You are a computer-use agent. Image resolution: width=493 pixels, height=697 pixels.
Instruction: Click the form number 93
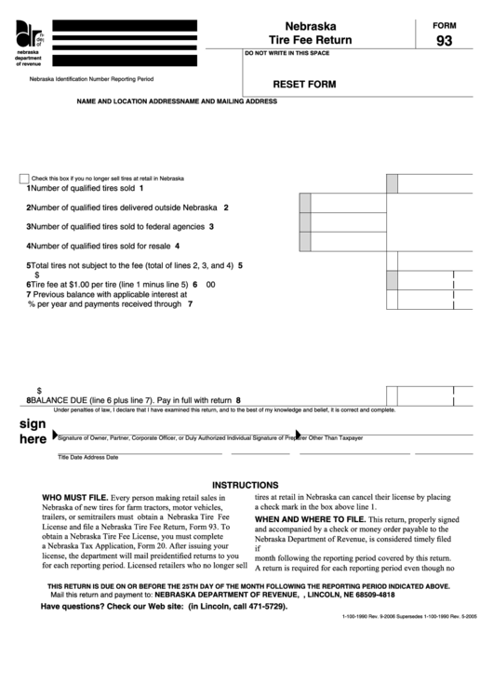446,41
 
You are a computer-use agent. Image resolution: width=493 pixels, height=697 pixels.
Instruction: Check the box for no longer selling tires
23,178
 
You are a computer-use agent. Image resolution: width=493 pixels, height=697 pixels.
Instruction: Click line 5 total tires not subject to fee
134,265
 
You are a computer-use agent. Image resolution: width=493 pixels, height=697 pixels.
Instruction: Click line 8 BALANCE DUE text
133,399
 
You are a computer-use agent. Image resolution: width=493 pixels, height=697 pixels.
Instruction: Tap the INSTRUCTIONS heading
246,485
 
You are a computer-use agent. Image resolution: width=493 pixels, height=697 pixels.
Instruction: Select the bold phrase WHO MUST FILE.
75,499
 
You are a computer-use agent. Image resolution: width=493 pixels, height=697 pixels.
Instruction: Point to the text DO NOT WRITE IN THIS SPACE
293,55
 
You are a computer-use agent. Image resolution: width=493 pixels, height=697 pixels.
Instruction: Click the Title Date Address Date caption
87,458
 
